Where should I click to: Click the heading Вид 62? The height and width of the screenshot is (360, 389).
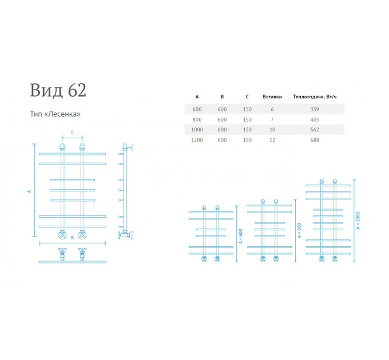coord(58,90)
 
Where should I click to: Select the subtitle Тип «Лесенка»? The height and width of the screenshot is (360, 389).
coord(55,114)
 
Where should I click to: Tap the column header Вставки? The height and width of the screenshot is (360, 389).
coord(272,97)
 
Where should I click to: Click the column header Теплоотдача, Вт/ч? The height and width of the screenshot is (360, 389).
coord(315,97)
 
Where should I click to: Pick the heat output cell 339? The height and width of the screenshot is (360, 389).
coord(315,109)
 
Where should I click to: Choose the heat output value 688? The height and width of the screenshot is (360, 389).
coord(315,140)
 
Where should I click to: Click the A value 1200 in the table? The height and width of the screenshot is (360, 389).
coord(197,140)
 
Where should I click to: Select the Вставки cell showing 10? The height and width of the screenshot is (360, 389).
coord(272,130)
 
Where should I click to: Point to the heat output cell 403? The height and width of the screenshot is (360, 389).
coord(315,119)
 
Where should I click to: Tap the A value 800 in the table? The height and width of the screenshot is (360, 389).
coord(197,119)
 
